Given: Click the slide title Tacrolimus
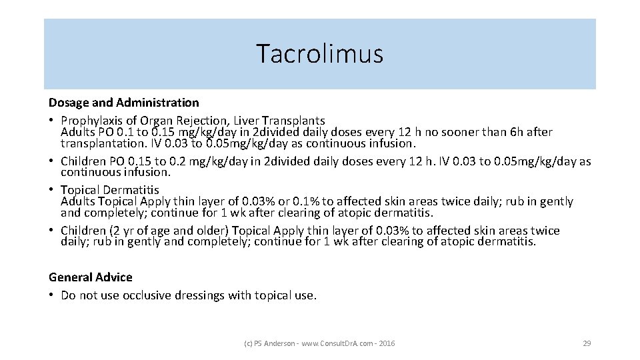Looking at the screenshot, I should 320,53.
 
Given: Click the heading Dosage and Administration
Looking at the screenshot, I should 123,103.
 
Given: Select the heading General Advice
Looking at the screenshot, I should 91,277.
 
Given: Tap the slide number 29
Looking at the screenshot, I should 587,343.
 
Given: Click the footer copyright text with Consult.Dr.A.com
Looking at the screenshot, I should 319,343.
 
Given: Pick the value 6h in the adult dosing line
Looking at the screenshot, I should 517,132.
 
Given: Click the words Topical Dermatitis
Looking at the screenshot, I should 110,190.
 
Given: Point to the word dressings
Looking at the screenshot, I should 200,295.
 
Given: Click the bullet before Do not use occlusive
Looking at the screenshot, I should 52,295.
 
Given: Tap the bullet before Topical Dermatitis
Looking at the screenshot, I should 52,190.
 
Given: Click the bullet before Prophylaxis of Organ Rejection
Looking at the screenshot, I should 52,121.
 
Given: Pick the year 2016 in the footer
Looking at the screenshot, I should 387,343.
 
